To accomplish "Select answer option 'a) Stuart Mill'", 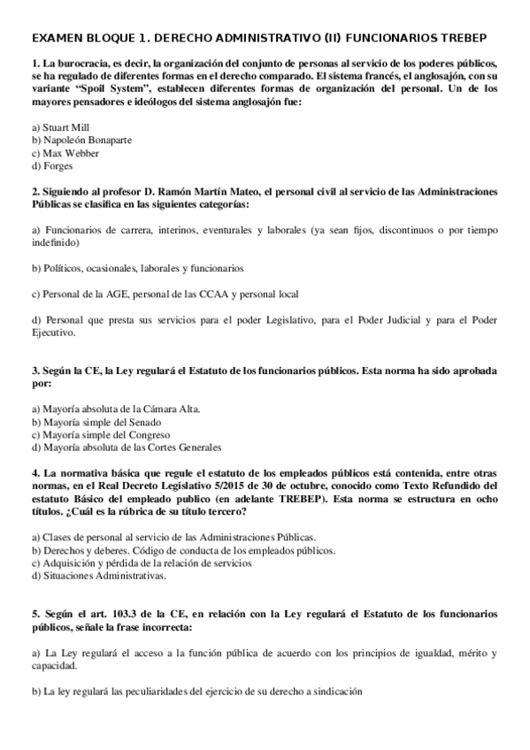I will point(60,127).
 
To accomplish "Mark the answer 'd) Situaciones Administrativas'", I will point(98,576).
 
